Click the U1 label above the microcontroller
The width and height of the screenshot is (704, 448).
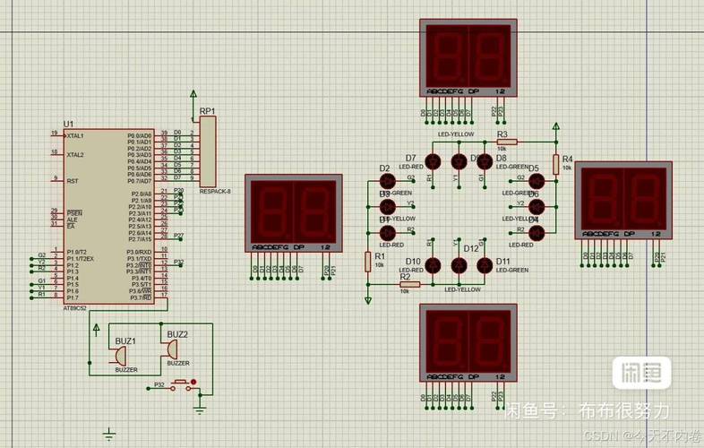pos(68,124)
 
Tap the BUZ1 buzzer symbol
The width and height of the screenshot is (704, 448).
pos(118,357)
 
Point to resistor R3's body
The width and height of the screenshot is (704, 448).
pos(507,142)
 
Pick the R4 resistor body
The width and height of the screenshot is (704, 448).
pos(555,164)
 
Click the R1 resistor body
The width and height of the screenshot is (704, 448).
pos(368,261)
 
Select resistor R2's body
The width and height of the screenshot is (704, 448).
pos(409,284)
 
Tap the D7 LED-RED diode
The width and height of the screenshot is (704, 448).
pos(434,161)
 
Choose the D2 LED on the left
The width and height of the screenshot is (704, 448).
pos(388,181)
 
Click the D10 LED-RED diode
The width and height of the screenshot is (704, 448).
pos(434,265)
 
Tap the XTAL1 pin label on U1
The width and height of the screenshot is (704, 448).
pos(74,135)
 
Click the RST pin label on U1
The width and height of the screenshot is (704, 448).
pos(72,181)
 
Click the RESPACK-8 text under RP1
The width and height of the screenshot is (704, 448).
pos(215,191)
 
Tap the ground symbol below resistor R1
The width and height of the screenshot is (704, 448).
pos(368,298)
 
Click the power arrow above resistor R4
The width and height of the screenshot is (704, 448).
pos(555,128)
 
